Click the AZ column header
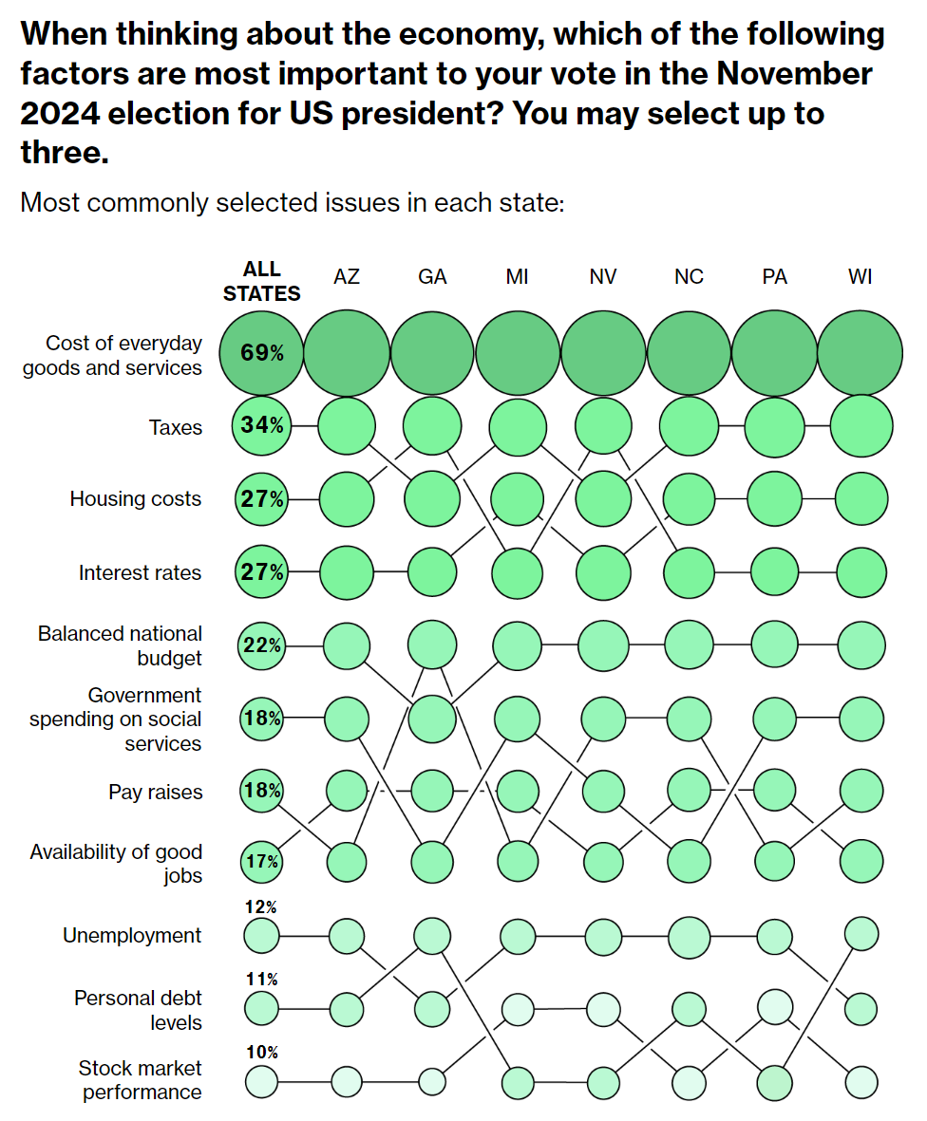tap(347, 277)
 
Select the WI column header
tap(860, 277)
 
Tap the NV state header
tap(603, 277)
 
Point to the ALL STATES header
tap(261, 282)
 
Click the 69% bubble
tap(261, 354)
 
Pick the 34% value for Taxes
tap(261, 426)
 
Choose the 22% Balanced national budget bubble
tap(261, 645)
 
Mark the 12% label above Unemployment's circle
tap(261, 907)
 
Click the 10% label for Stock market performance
tap(261, 1052)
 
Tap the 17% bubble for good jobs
tap(261, 862)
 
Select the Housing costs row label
tap(135, 499)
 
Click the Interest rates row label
tap(140, 573)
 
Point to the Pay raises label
tap(155, 792)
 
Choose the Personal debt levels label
tap(138, 1010)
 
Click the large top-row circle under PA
tap(774, 354)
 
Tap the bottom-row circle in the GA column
tap(432, 1081)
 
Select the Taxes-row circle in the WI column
tap(860, 426)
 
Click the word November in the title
tap(796, 74)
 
